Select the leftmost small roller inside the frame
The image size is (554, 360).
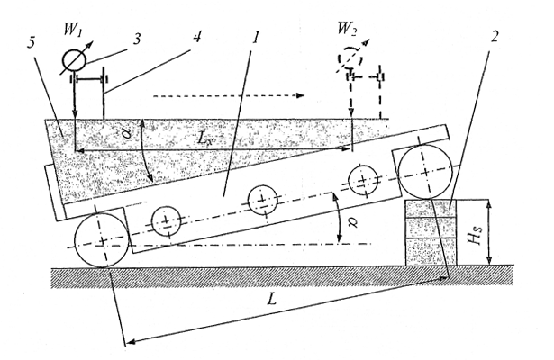166,221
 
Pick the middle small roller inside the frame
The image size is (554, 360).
261,199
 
